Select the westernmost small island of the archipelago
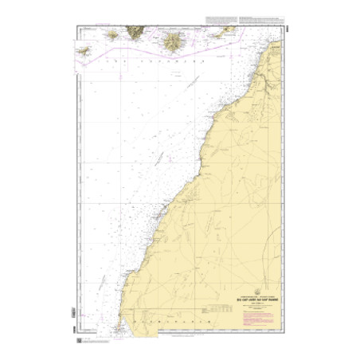(x=80, y=51)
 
